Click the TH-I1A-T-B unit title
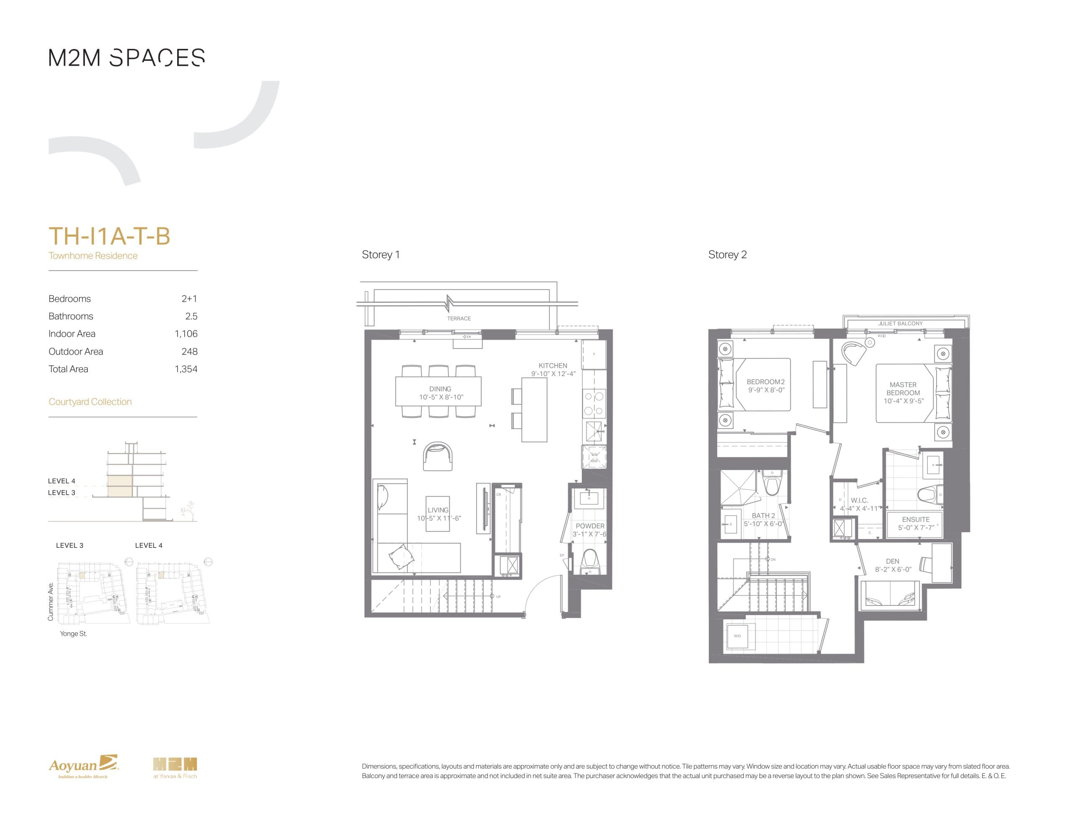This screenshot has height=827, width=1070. [109, 236]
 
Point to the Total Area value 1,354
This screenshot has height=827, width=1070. [186, 369]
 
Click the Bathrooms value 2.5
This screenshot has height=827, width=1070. [191, 316]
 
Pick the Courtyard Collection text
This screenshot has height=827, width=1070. [90, 402]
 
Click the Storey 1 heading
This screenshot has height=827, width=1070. [381, 255]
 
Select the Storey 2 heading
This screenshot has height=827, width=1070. [727, 255]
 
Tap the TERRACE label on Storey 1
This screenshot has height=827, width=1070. [459, 318]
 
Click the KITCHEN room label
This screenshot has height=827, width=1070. [553, 366]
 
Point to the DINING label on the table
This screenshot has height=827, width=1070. [440, 389]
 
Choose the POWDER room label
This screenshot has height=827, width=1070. [590, 526]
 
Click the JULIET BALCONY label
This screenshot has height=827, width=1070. [900, 324]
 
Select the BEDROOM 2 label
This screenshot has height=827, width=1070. [765, 382]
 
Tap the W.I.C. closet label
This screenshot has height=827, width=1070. [859, 500]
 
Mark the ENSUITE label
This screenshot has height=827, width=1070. [915, 519]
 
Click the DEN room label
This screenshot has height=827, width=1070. [892, 561]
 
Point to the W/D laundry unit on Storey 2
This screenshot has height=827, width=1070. [737, 636]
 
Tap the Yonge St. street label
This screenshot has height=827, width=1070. [74, 634]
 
